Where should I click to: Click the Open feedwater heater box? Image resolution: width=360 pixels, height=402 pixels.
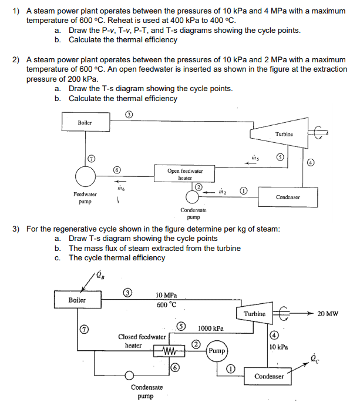point(185,174)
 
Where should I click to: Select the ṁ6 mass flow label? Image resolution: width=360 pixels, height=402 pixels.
point(120,188)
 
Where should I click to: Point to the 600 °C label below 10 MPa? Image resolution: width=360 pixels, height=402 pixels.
point(167,304)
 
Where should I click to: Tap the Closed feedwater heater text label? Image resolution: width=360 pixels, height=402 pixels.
point(142,341)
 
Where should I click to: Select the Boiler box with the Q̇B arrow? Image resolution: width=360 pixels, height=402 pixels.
point(76,300)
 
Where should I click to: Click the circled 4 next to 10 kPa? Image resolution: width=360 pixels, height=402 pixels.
point(274,336)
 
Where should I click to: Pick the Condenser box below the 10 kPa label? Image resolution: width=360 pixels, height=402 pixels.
point(270,376)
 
